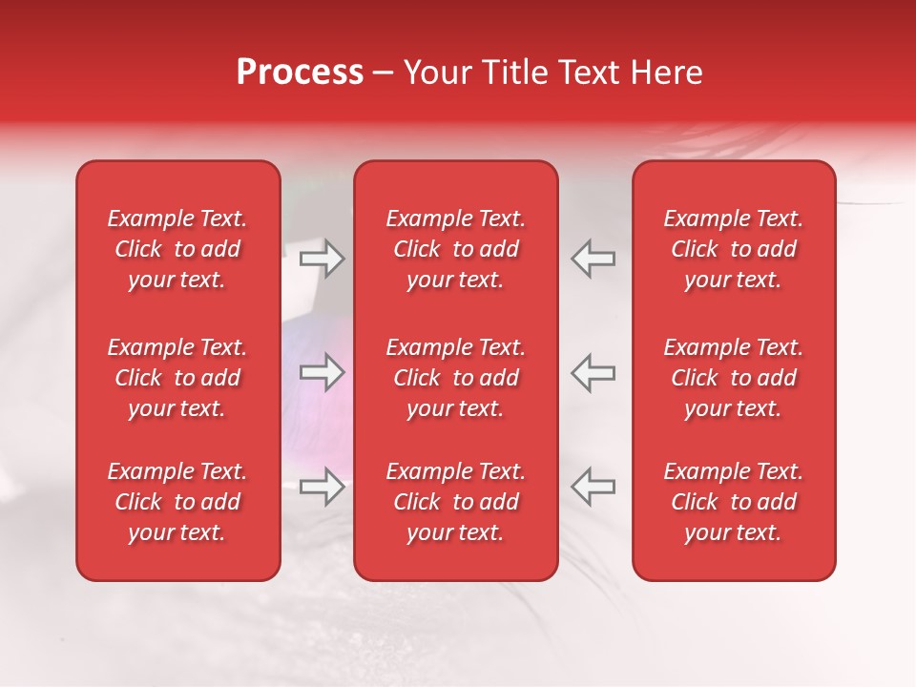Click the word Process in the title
click(300, 73)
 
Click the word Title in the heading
click(512, 73)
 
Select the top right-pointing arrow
click(322, 259)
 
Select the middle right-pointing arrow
click(322, 372)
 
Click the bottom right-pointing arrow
click(322, 488)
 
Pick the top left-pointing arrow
click(593, 259)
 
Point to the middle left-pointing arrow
click(593, 372)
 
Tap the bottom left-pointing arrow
click(593, 488)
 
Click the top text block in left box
click(177, 249)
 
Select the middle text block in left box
click(177, 378)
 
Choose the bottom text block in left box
click(177, 502)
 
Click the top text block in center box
click(455, 249)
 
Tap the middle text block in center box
click(455, 378)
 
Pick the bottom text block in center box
click(455, 502)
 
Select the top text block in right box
click(733, 249)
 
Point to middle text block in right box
click(733, 378)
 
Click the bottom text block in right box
click(733, 502)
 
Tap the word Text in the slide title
click(587, 73)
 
